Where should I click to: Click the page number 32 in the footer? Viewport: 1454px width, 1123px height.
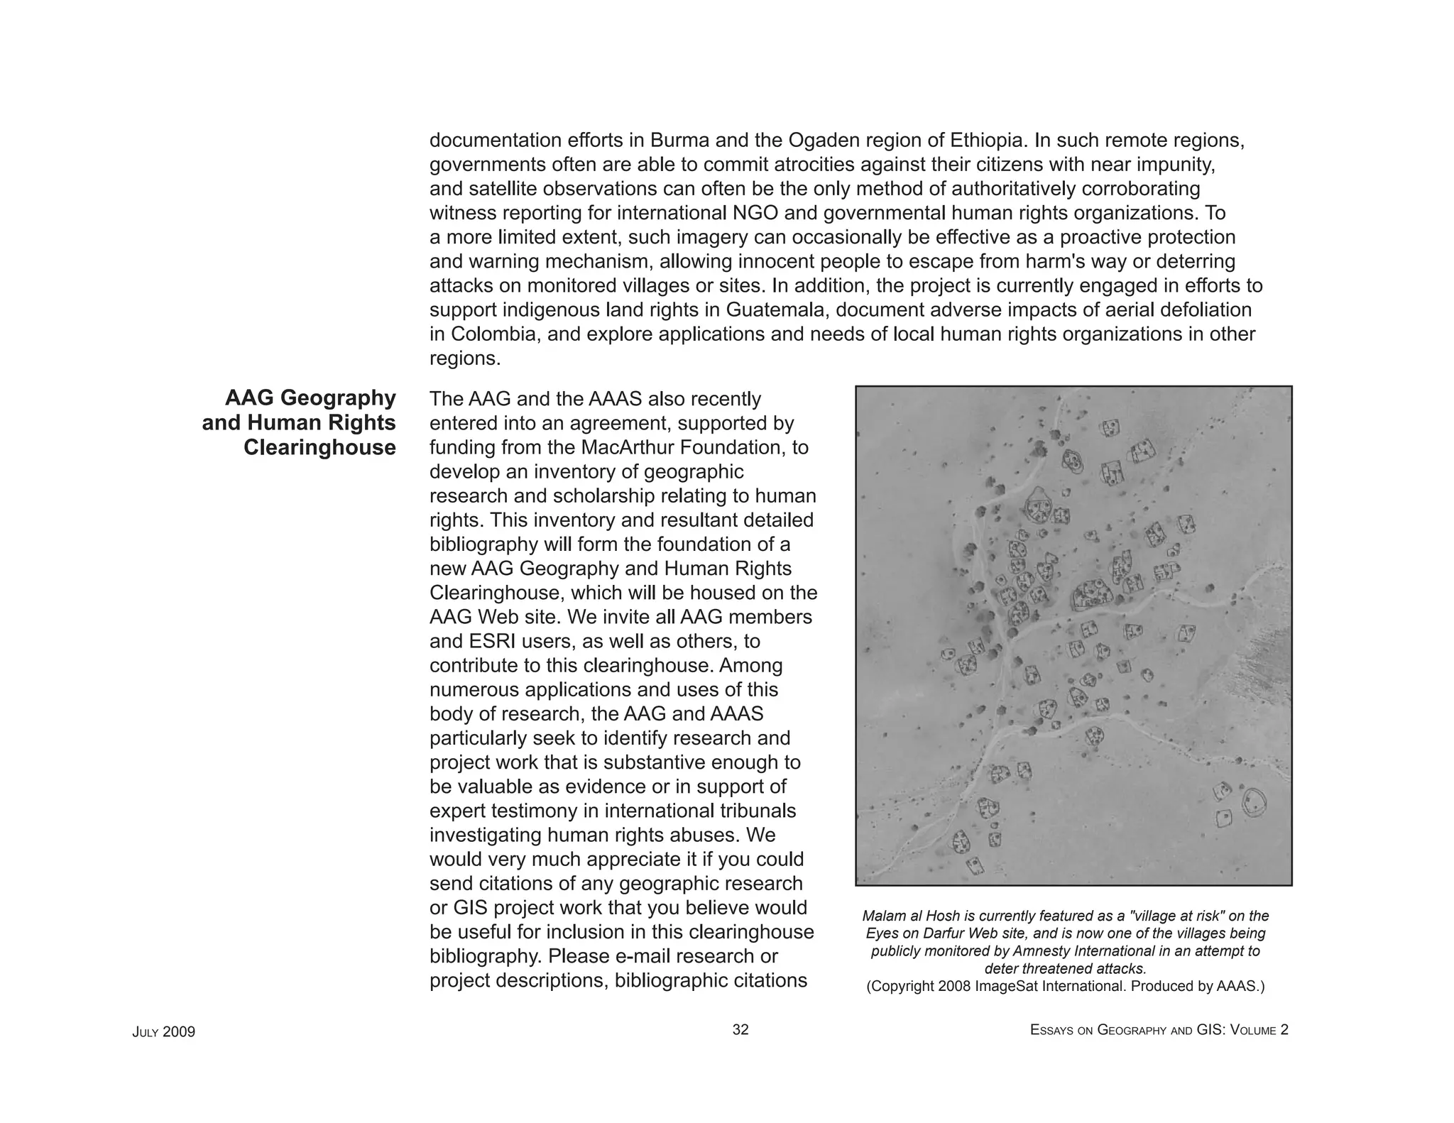point(740,1030)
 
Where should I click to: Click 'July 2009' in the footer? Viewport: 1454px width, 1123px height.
point(163,1032)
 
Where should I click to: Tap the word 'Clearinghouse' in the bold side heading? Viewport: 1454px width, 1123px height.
point(319,448)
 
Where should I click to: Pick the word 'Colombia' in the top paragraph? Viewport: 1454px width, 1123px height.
point(494,334)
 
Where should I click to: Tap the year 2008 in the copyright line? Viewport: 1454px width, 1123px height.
point(954,986)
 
